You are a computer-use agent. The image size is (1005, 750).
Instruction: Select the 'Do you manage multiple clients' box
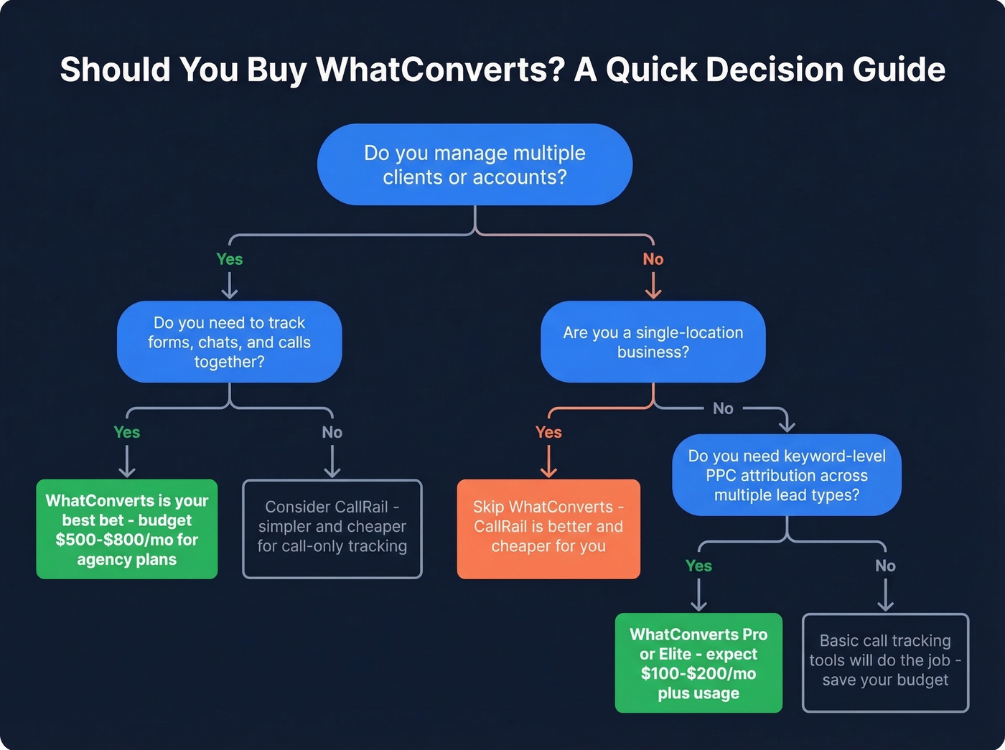[475, 164]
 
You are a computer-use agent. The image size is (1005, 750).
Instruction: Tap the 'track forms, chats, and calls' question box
[229, 342]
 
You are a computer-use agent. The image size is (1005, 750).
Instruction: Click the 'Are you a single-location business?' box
[653, 342]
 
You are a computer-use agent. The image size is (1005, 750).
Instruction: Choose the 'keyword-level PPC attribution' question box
[786, 475]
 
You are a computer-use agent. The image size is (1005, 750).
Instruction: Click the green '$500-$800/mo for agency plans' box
[127, 530]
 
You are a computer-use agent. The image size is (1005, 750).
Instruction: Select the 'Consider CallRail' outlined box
[332, 529]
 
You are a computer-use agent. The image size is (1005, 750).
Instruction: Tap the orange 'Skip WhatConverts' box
[548, 529]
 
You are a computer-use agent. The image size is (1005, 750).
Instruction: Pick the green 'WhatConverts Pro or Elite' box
[698, 662]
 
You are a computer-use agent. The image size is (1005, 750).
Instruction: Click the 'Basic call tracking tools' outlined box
[885, 662]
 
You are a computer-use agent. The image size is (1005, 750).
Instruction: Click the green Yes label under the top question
[230, 259]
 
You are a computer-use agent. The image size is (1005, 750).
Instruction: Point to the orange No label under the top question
[653, 259]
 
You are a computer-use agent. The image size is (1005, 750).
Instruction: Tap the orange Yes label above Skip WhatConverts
[548, 432]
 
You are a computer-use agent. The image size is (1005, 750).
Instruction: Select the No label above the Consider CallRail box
[332, 432]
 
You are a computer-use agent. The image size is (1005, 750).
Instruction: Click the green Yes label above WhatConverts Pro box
[698, 566]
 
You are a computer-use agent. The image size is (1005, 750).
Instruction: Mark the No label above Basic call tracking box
[885, 566]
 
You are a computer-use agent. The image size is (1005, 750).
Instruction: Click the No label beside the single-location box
[723, 408]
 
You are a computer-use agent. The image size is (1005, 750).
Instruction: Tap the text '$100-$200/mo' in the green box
[698, 673]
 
